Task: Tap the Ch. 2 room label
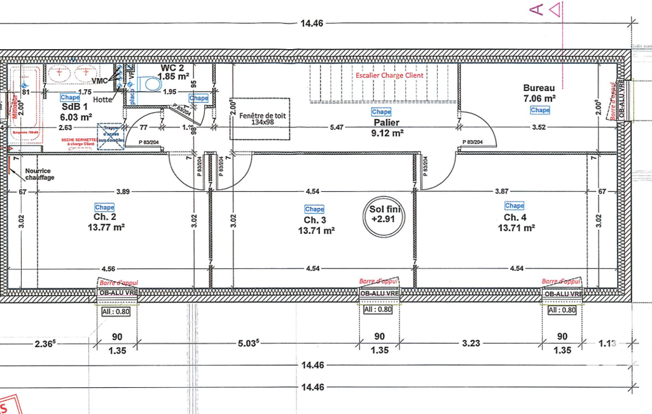click(x=105, y=217)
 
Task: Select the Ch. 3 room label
click(x=315, y=220)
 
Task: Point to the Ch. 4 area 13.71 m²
click(x=516, y=227)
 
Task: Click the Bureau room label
click(x=539, y=88)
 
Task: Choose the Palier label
click(x=382, y=122)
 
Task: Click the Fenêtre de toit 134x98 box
click(x=260, y=118)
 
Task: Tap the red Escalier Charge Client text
click(x=390, y=75)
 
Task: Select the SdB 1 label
click(x=74, y=107)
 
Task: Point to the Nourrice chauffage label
click(x=39, y=174)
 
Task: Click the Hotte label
click(x=102, y=99)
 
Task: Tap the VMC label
click(x=100, y=81)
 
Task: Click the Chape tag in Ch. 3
click(x=314, y=209)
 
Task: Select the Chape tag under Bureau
click(x=540, y=110)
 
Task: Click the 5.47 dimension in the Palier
click(x=336, y=127)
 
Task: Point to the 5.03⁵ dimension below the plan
click(x=248, y=344)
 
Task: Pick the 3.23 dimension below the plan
click(x=471, y=343)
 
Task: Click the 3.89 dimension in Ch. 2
click(x=123, y=191)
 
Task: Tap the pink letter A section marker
click(x=536, y=9)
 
